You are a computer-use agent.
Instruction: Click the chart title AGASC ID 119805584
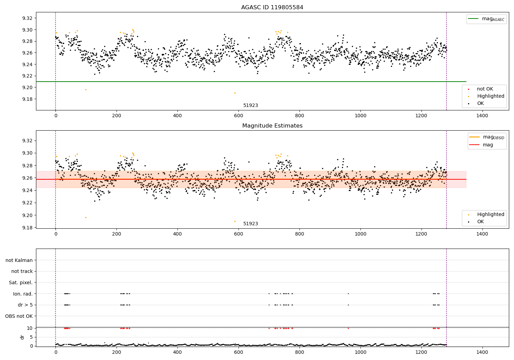[272, 8]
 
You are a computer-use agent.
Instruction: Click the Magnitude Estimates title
[272, 126]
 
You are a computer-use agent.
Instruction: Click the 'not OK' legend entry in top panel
[485, 89]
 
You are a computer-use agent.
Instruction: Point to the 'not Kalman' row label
[19, 260]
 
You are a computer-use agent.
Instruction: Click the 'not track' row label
[22, 271]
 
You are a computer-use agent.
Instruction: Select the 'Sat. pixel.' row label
[21, 283]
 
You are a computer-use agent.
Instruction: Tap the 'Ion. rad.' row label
[23, 294]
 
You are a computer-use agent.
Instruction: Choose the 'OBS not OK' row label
[19, 316]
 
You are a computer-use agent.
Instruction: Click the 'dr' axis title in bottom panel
[22, 337]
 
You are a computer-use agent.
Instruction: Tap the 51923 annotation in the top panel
[250, 106]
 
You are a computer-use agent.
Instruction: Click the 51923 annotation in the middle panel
[250, 224]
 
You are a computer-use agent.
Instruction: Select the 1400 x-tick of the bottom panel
[482, 352]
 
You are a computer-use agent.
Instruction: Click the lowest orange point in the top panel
[235, 93]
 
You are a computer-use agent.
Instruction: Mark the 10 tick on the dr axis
[29, 328]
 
